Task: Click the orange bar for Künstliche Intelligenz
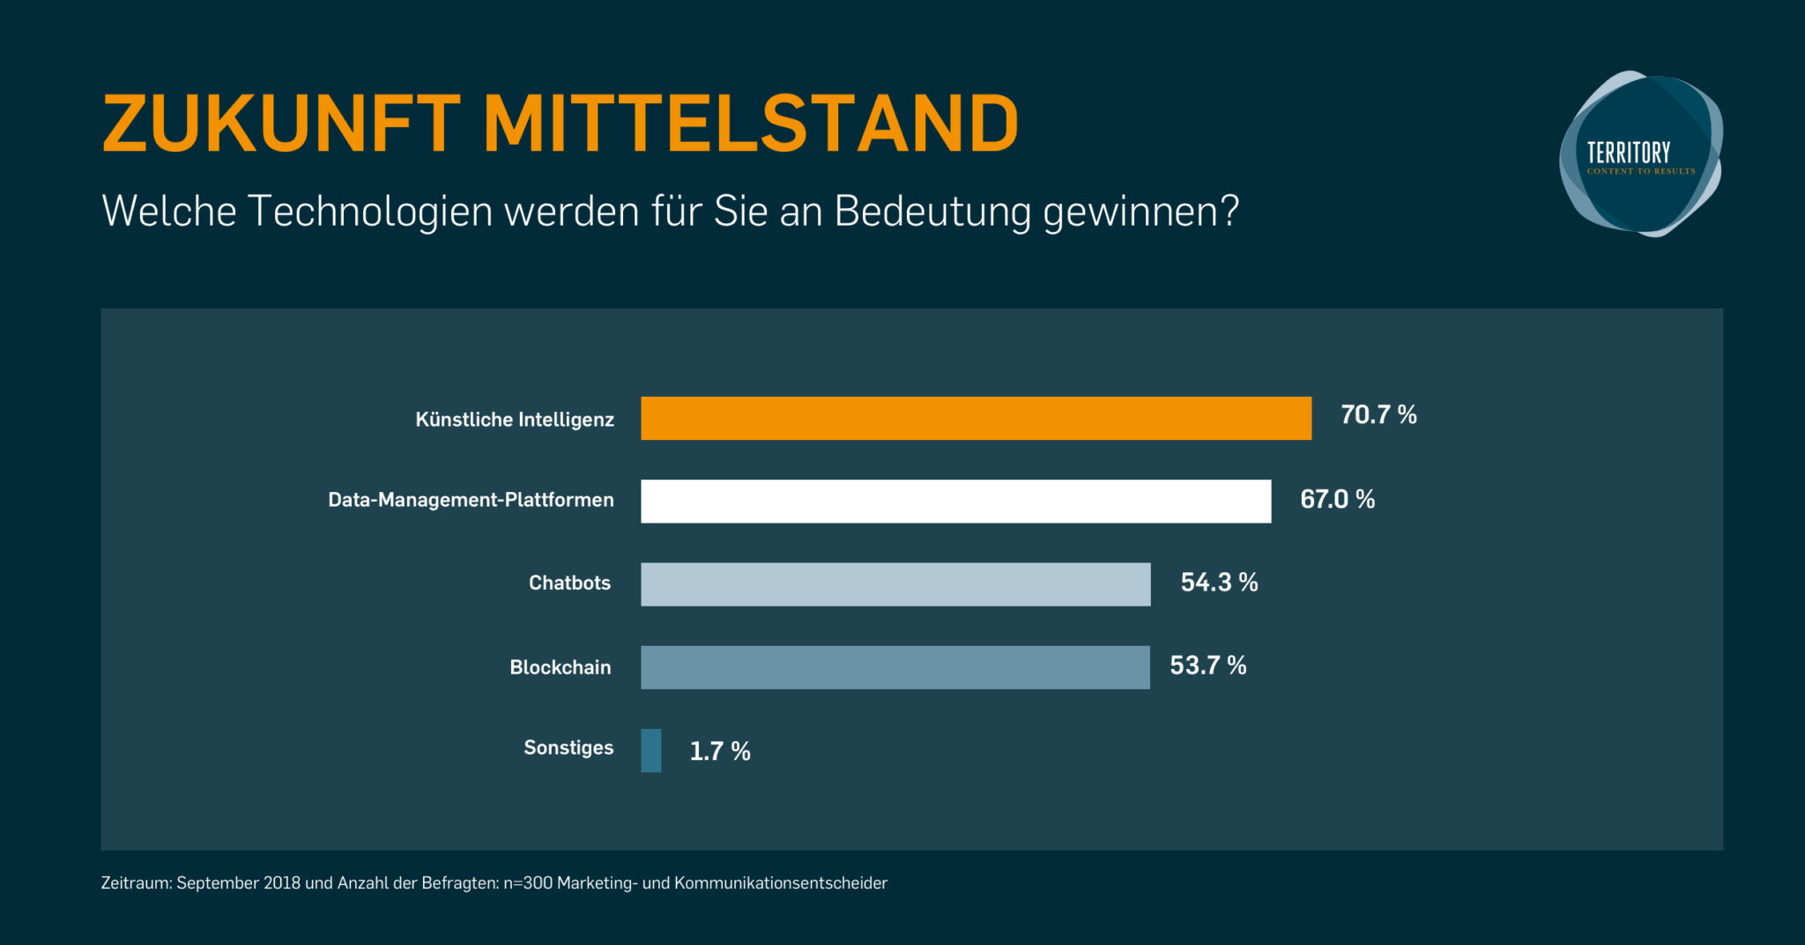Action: [976, 418]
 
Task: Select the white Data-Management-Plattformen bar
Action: [955, 501]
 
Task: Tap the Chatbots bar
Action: [895, 584]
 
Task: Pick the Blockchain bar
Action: [895, 666]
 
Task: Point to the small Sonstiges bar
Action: [651, 750]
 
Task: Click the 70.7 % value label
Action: [1378, 414]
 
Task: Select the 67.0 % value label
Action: [1337, 499]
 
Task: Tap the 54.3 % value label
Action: [1219, 582]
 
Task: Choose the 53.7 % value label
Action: [1207, 665]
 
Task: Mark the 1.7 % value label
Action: [719, 751]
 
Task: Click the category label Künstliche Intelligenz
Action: [515, 420]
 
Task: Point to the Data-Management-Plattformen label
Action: [471, 500]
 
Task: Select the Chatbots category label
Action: [569, 583]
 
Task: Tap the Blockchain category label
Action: [560, 667]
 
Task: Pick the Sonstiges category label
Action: [568, 748]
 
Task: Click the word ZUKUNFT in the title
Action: [281, 123]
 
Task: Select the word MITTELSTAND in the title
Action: [751, 123]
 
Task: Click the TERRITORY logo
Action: [1640, 154]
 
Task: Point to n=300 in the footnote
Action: [528, 883]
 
